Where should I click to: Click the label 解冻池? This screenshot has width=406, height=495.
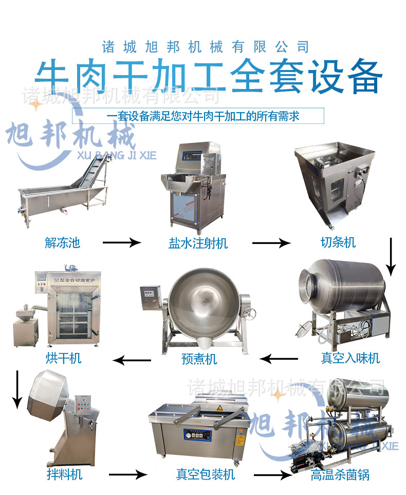(62, 242)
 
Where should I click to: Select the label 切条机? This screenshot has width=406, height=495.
(335, 242)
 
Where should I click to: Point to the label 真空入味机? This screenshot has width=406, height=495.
(350, 358)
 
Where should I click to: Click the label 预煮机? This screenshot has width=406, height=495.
(199, 358)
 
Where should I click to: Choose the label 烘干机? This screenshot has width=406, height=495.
(63, 358)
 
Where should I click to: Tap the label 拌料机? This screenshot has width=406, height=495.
(63, 473)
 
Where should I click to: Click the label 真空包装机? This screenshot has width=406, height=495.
(205, 473)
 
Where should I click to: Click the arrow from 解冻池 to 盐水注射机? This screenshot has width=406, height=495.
(121, 242)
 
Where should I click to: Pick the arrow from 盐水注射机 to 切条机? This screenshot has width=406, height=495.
(271, 242)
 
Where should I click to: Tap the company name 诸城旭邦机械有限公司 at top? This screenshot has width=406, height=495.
(206, 47)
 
